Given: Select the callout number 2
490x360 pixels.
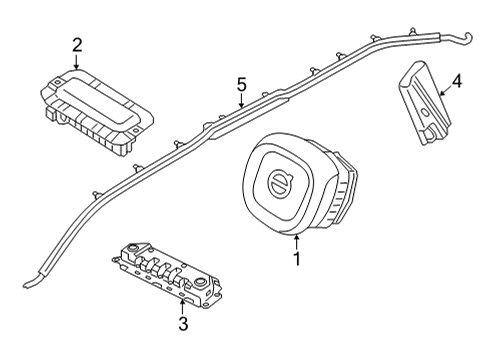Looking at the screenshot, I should point(77,44).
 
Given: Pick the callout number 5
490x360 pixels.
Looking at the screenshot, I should point(240,86).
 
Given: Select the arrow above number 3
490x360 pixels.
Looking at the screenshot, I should point(182,303).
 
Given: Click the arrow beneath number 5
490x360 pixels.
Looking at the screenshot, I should point(240,103).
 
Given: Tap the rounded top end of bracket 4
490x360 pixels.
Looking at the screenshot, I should point(412,67).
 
